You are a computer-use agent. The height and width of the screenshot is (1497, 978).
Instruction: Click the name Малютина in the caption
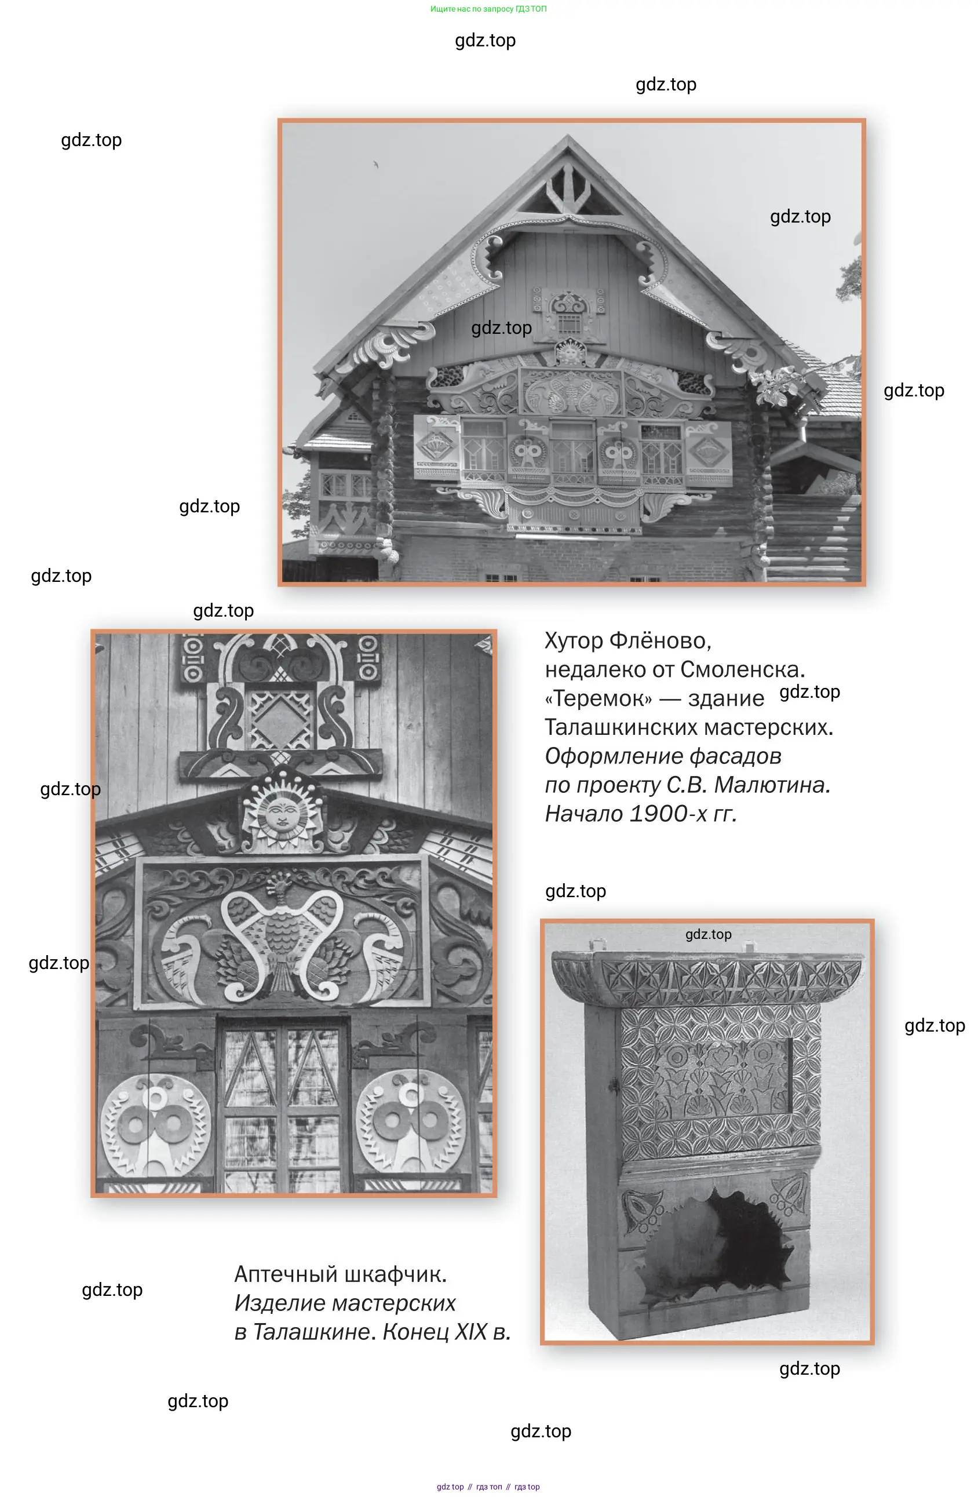pos(772,785)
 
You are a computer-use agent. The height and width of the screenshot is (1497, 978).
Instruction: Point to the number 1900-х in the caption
pos(669,814)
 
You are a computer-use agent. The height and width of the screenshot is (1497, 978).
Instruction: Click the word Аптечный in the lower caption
pos(289,1275)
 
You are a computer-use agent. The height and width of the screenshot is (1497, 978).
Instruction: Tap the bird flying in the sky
pos(375,165)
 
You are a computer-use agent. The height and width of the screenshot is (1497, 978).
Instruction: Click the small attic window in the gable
pos(568,323)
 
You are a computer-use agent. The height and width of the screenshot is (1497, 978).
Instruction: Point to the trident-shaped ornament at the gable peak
pos(568,186)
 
